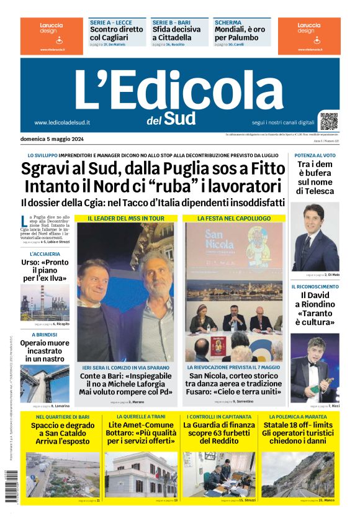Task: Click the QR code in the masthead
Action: [x=329, y=121]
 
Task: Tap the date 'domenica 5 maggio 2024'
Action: [x=52, y=139]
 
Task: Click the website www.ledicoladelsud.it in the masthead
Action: [x=62, y=122]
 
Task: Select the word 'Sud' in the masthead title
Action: [x=179, y=118]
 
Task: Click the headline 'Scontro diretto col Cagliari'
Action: [x=117, y=33]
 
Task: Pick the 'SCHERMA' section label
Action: [x=228, y=22]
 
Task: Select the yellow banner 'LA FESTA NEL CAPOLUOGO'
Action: [x=234, y=219]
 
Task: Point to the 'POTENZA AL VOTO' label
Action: [x=315, y=155]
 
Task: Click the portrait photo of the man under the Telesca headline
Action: [x=316, y=237]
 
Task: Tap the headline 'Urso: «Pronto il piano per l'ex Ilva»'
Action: [x=45, y=270]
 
